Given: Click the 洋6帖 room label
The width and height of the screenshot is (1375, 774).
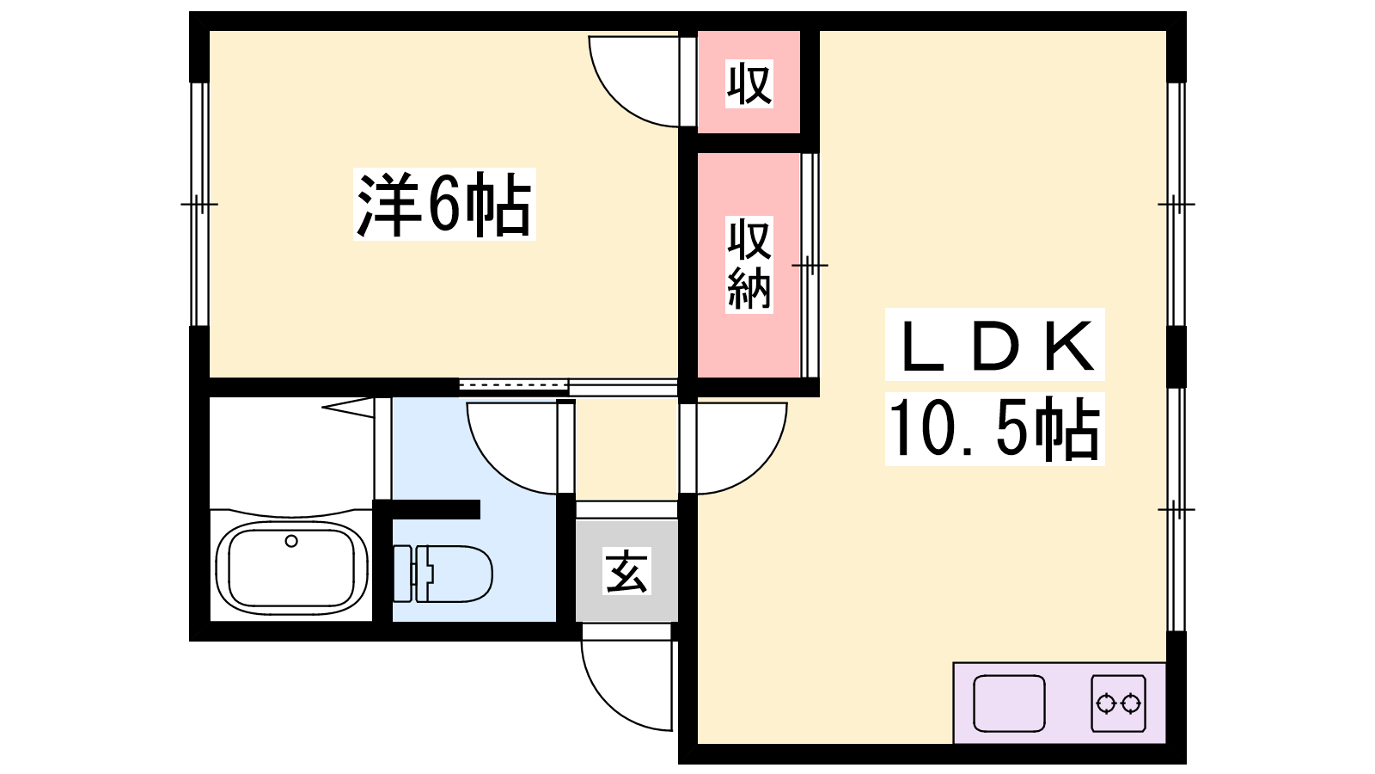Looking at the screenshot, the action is tap(444, 204).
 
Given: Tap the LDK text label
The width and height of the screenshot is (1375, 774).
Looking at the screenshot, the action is tap(995, 344).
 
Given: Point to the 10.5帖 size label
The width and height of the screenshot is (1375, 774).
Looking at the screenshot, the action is tap(994, 429).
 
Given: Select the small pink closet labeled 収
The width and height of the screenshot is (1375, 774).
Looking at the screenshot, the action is tap(749, 82).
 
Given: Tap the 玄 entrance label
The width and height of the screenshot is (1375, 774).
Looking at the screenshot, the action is tap(626, 571).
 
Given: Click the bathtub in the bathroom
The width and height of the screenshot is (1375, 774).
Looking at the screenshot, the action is tap(291, 568).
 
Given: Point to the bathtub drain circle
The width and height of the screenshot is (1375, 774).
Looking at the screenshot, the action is tap(291, 541).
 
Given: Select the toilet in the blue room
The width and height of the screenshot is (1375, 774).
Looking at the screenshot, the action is tap(442, 574).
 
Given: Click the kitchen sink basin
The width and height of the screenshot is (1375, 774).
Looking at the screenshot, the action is tap(1009, 703).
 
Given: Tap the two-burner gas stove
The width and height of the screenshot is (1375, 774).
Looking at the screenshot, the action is tap(1118, 703).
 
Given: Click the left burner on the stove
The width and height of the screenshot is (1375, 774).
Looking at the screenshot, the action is tap(1105, 703).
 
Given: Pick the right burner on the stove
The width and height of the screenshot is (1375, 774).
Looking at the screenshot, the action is tap(1131, 703).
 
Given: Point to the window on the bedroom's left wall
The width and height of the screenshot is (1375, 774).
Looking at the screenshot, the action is tap(199, 204).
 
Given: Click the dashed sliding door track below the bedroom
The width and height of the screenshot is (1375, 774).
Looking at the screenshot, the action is tap(513, 385).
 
